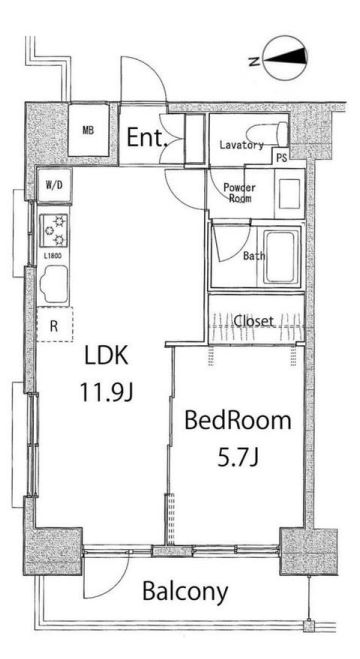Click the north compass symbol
pyautogui.click(x=285, y=58)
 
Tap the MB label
pyautogui.click(x=88, y=130)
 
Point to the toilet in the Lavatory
pyautogui.click(x=268, y=134)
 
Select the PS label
pyautogui.click(x=282, y=159)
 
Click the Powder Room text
pyautogui.click(x=239, y=193)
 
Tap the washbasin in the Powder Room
pyautogui.click(x=289, y=193)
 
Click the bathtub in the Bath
pyautogui.click(x=281, y=257)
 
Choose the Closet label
pyautogui.click(x=253, y=322)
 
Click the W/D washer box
pyautogui.click(x=54, y=185)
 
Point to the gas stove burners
pyautogui.click(x=55, y=230)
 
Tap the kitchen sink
pyautogui.click(x=54, y=285)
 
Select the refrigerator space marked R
pyautogui.click(x=54, y=324)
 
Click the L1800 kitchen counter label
pyautogui.click(x=53, y=256)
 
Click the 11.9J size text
pyautogui.click(x=106, y=393)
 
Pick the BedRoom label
pyautogui.click(x=237, y=421)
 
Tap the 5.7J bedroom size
pyautogui.click(x=237, y=457)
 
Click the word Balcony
pyautogui.click(x=185, y=591)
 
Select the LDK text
pyautogui.click(x=106, y=356)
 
